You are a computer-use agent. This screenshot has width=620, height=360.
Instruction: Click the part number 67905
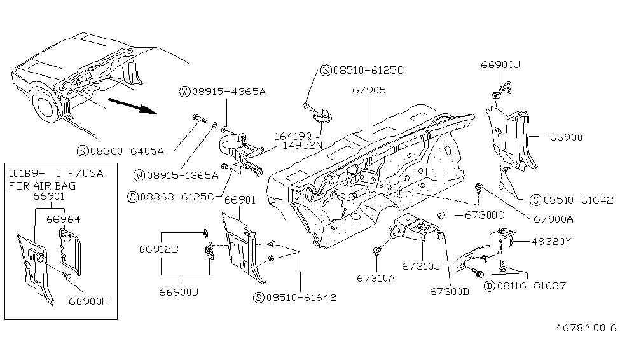[368, 90]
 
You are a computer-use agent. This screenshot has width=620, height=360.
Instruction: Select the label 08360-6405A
[125, 151]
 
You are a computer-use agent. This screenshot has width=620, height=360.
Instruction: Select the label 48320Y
[551, 242]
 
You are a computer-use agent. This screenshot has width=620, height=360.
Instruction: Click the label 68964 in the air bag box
[64, 218]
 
